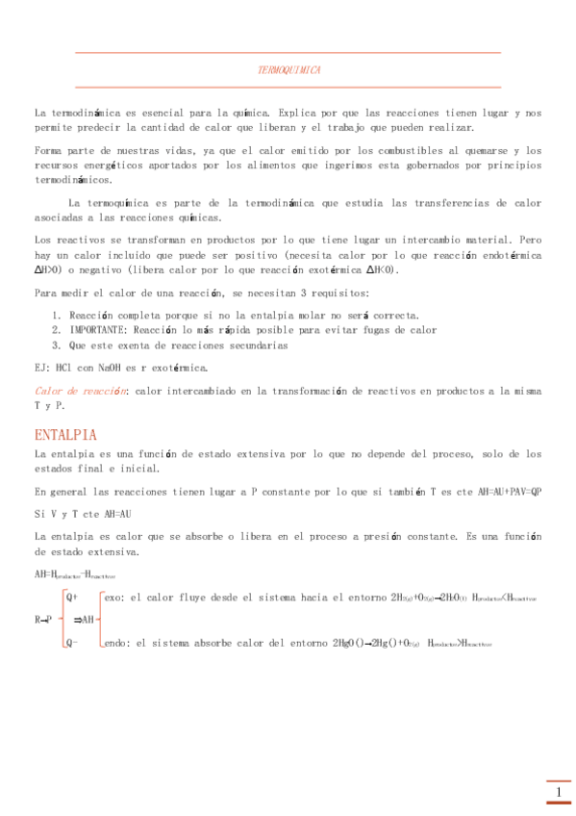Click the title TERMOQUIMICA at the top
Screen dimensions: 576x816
(289, 71)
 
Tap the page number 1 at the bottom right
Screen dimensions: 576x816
(559, 793)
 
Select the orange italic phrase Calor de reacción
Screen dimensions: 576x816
(81, 391)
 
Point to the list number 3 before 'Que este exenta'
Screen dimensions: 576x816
(56, 344)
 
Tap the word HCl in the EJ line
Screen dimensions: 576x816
(63, 367)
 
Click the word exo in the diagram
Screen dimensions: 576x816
(113, 597)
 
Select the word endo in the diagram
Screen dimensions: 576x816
(115, 643)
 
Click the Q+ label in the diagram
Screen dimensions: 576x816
(72, 597)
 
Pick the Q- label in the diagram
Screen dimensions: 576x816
(71, 643)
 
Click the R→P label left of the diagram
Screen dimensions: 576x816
(44, 620)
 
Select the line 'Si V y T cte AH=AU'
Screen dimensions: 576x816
(83, 514)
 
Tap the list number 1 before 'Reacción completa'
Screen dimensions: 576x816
(56, 316)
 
